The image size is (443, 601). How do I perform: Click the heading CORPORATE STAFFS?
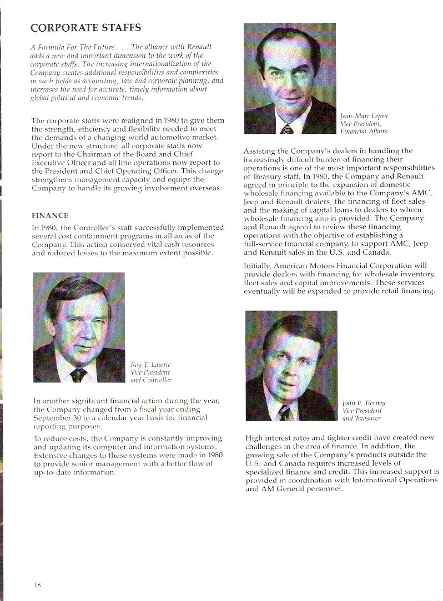coord(85,27)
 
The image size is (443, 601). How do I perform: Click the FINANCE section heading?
coord(49,215)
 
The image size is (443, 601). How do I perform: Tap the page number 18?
coord(37,584)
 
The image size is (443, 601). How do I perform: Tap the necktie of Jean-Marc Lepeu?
coord(287,129)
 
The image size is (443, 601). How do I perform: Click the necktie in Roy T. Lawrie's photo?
coord(78,376)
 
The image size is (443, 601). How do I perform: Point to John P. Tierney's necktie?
coord(285,413)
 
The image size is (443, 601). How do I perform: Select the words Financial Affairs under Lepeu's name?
coord(364,132)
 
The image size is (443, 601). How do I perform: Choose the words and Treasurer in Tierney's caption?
coord(362,418)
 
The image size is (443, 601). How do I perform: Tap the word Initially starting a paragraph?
coord(260,266)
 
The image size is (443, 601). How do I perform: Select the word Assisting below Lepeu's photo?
coord(262,150)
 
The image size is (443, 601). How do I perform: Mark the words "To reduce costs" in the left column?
coord(61,438)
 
